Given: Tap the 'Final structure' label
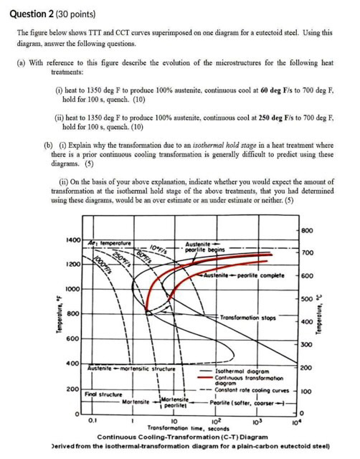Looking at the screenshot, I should tap(102, 394).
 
